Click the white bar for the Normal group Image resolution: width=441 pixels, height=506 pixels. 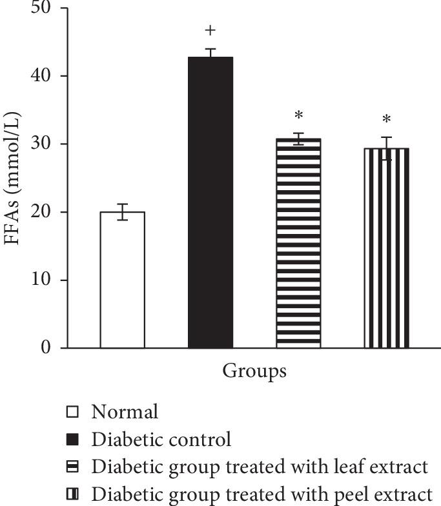123,280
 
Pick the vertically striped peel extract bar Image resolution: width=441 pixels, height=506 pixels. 386,248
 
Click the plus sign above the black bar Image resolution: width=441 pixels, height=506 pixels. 210,31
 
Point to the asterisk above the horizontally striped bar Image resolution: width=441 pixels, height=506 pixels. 298,117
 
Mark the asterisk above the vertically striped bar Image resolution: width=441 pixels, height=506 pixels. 386,121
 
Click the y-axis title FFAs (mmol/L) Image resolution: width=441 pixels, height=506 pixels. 14,177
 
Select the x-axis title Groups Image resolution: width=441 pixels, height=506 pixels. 254,372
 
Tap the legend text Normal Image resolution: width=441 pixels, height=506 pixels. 125,411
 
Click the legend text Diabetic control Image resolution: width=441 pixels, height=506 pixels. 161,440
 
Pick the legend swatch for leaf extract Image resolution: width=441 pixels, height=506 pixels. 72,467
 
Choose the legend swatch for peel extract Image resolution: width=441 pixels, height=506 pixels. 72,495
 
